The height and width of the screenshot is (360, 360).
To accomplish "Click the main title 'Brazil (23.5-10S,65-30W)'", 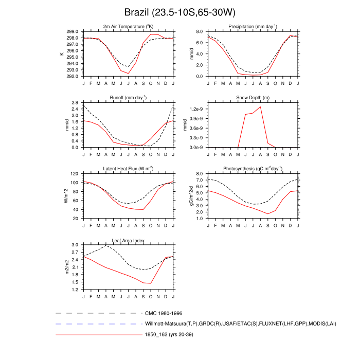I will tap(179, 12).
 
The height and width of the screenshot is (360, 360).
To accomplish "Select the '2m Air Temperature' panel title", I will tap(129, 26).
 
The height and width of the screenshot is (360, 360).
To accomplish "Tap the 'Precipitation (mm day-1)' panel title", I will tap(252, 26).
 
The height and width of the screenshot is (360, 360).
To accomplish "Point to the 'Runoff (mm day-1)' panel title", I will tap(129, 97).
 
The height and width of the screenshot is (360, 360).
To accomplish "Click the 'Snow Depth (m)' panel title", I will tap(252, 97).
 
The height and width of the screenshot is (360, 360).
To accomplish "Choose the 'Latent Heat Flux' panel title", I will tap(129, 169).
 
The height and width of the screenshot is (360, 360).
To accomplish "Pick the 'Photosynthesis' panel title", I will tap(252, 169).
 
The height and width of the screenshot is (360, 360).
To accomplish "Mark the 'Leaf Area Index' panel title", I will tap(129, 240).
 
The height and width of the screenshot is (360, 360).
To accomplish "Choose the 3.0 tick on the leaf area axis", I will tap(75, 245).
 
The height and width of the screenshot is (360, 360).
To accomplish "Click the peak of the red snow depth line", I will tap(260, 106).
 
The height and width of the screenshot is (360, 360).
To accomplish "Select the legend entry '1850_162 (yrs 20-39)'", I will tap(171, 335).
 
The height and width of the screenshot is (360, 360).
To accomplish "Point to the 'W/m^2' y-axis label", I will tap(66, 196).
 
